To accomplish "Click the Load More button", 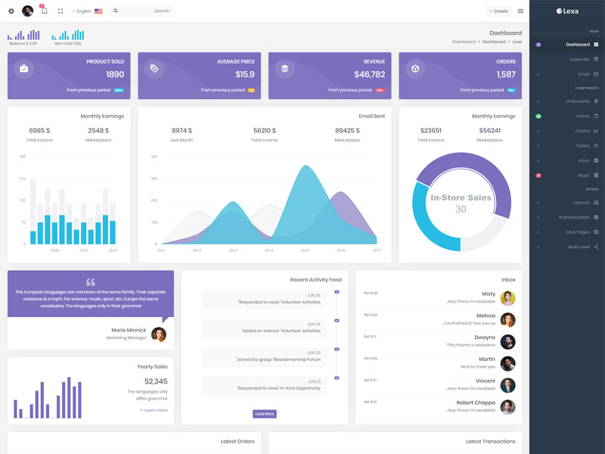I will pos(265,414).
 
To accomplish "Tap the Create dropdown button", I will pos(498,11).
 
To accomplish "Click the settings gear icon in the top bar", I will pos(11,11).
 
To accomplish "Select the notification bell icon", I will pos(44,11).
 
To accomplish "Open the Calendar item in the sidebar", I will pos(579,59).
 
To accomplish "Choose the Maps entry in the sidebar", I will pos(583,176).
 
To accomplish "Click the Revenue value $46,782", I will pos(369,74).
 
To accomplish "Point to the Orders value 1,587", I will pos(506,74).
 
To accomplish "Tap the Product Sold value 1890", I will pos(115,74).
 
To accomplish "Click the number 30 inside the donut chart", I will pos(461,210).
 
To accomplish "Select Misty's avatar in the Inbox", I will pos(508,298).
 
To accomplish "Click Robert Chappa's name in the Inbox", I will pos(476,403).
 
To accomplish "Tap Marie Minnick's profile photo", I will pos(159,334).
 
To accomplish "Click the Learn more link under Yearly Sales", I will pos(155,410).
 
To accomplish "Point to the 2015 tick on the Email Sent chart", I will pos(305,250).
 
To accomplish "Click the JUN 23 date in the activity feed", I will pos(314,353).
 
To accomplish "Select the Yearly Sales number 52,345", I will pos(156,381).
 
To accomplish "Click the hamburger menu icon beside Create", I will pos(520,11).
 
